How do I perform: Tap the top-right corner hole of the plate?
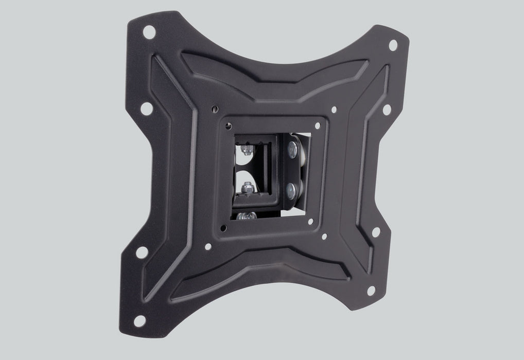(392, 45)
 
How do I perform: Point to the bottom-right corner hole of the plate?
(370, 293)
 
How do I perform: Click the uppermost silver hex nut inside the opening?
(247, 150)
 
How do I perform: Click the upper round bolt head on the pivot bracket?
(294, 149)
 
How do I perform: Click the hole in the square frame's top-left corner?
(227, 125)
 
